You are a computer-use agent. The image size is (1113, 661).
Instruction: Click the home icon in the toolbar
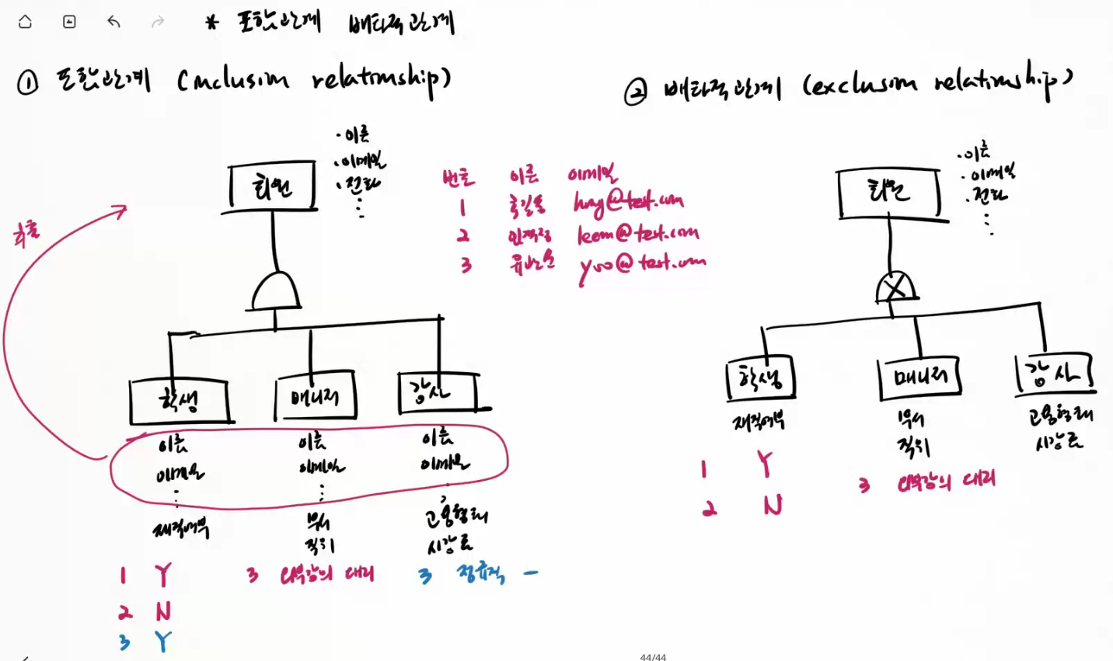tap(25, 22)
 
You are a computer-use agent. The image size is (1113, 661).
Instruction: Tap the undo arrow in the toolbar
tap(113, 22)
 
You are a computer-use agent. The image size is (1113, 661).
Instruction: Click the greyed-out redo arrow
tap(158, 22)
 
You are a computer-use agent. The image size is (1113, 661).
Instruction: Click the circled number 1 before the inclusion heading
tap(27, 82)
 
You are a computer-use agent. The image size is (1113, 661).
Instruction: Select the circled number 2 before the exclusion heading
tap(635, 93)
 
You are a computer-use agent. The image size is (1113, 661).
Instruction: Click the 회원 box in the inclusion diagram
tap(273, 186)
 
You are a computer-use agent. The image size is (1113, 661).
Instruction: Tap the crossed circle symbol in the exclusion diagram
tap(895, 288)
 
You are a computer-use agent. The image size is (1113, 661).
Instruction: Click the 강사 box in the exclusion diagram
tap(1054, 374)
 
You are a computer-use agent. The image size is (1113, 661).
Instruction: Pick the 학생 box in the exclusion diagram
tap(761, 379)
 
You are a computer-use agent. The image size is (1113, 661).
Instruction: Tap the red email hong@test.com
tap(628, 202)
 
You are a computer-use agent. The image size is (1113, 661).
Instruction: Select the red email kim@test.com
tap(637, 233)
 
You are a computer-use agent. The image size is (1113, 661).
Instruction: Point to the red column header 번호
tap(458, 178)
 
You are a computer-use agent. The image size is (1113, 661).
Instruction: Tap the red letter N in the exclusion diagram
tap(773, 506)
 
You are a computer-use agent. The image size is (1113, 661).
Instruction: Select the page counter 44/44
tap(653, 656)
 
